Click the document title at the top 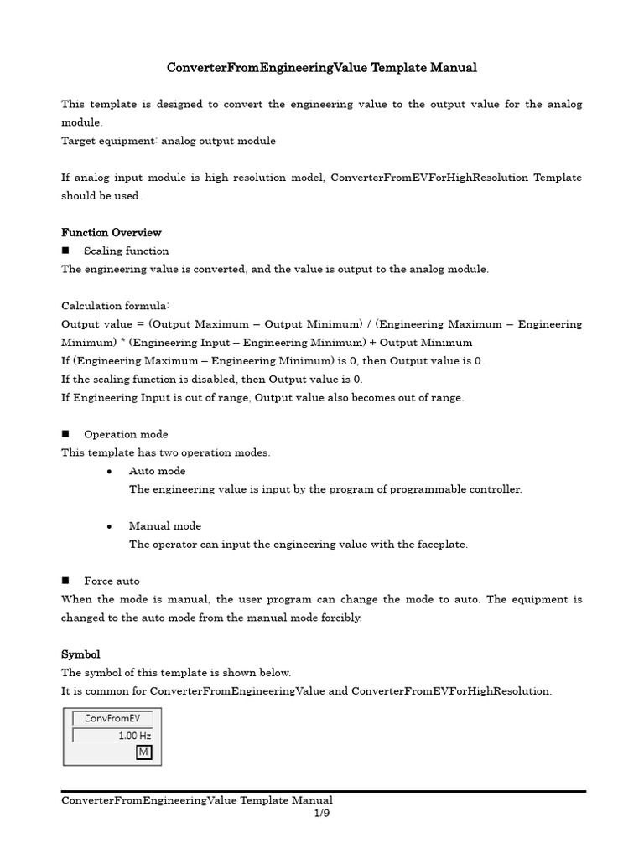(321, 67)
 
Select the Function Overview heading (112, 232)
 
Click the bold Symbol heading (80, 654)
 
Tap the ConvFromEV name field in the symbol (112, 718)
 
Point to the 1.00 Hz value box (112, 735)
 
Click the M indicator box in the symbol (143, 752)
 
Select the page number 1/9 (322, 814)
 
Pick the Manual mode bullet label (164, 526)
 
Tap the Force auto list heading (112, 581)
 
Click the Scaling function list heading (126, 251)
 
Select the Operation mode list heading (126, 434)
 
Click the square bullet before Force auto (65, 581)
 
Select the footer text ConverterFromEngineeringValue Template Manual (197, 800)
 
